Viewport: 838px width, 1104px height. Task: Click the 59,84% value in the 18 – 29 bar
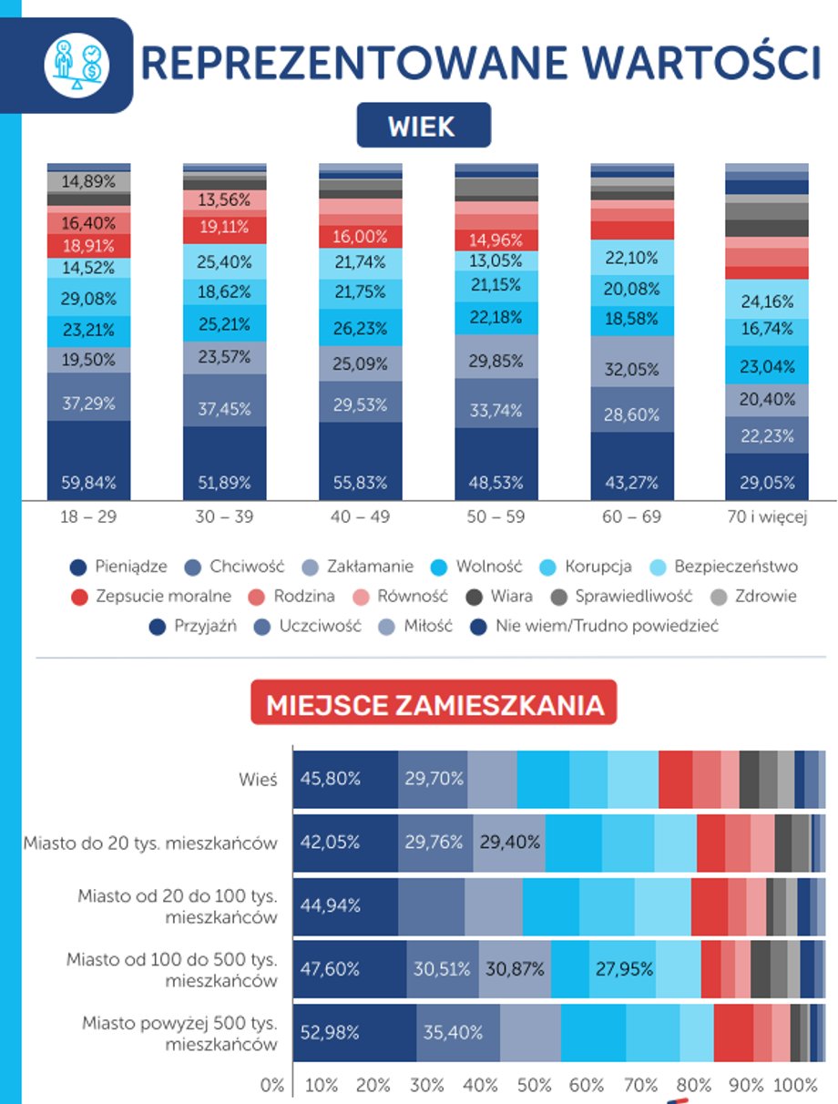click(x=88, y=482)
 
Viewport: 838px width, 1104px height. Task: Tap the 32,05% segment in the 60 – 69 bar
click(x=632, y=370)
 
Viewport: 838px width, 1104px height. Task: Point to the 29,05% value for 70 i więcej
click(x=767, y=482)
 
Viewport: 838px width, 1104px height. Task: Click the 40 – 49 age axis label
click(x=360, y=516)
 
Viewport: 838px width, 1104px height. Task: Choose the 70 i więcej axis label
click(x=767, y=516)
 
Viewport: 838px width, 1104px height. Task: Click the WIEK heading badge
click(x=423, y=126)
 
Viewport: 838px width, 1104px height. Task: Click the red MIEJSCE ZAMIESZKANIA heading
click(x=434, y=704)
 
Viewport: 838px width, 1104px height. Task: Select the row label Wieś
click(x=254, y=780)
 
